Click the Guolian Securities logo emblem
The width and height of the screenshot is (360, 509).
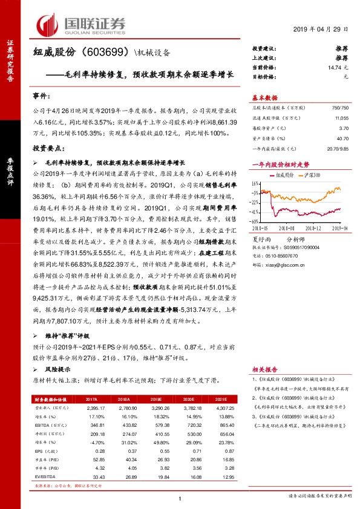[48, 24]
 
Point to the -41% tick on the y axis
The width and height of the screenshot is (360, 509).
[257, 212]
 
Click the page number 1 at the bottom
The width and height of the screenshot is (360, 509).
[180, 498]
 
